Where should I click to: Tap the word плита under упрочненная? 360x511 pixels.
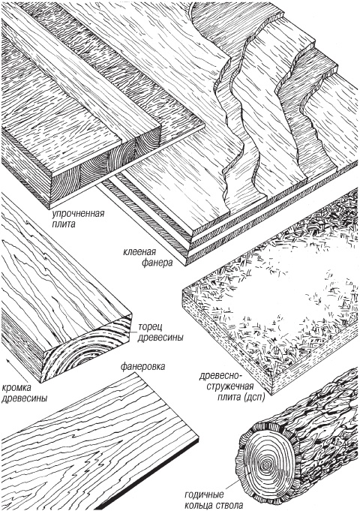coord(63,224)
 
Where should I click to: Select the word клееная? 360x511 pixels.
coord(139,252)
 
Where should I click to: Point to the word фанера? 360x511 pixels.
coord(157,263)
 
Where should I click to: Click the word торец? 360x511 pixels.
coord(150,327)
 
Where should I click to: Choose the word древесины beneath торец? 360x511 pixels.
coord(160,338)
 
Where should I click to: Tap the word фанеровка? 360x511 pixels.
coord(142,366)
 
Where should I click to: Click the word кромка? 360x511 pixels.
coord(16,388)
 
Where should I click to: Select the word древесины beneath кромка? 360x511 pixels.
coord(24,398)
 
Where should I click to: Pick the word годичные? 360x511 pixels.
coord(204,495)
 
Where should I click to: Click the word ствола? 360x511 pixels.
coord(229,505)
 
